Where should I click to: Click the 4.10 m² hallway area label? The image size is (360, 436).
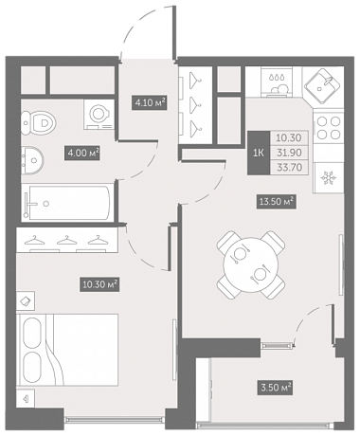click(x=150, y=102)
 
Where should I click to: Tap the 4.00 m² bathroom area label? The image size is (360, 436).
click(x=82, y=153)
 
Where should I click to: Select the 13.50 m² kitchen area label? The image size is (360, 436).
click(x=277, y=201)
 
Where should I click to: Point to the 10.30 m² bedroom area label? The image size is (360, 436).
click(x=99, y=284)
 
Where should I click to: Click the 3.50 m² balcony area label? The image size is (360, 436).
click(x=276, y=387)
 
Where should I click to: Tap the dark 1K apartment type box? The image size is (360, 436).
click(x=259, y=153)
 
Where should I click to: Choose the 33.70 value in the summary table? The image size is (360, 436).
click(x=289, y=167)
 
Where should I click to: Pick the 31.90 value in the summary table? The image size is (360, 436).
click(x=289, y=153)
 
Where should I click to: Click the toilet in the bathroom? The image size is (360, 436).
click(x=39, y=121)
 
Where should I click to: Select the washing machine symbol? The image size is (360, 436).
click(x=99, y=114)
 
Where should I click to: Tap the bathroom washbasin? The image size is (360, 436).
click(x=32, y=161)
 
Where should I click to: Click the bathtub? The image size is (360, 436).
click(x=67, y=204)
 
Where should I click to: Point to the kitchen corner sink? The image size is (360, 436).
click(x=322, y=86)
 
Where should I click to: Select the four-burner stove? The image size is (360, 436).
click(x=329, y=128)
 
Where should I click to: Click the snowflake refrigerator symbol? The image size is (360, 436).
click(x=329, y=178)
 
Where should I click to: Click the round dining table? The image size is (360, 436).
click(x=251, y=264)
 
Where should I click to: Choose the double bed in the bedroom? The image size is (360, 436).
click(x=67, y=350)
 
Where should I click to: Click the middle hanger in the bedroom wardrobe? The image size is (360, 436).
click(x=66, y=241)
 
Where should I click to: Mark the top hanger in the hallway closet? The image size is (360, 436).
click(x=195, y=80)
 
